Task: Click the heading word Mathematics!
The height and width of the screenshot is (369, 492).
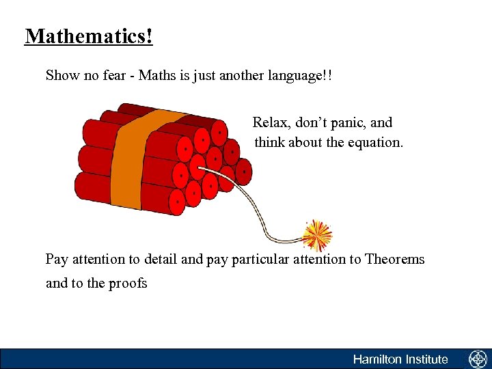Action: coord(89,36)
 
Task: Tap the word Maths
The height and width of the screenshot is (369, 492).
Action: coord(156,75)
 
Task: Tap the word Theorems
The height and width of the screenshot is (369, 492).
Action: coord(395,260)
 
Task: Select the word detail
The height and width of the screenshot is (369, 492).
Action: coord(159,260)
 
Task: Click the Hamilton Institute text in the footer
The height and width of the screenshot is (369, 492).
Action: coord(400,359)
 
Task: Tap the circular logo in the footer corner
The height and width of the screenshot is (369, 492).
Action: coord(477,359)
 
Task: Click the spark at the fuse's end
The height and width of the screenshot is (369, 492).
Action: coord(317,234)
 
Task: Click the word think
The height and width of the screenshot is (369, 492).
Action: coord(270,143)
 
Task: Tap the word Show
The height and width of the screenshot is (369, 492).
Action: coord(62,75)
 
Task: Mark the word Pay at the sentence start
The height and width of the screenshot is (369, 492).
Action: coord(57,260)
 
